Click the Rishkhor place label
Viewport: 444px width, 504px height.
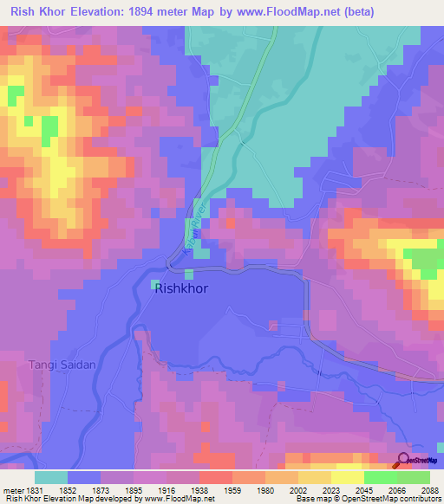[x=181, y=289]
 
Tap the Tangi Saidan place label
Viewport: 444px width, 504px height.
[x=62, y=365]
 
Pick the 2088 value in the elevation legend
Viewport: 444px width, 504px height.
[x=429, y=490]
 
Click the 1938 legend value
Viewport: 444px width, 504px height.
[x=199, y=490]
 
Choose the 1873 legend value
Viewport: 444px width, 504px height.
[x=100, y=490]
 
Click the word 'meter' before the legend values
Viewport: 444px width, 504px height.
[x=12, y=490]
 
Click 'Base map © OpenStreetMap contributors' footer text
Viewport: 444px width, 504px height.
[x=367, y=500]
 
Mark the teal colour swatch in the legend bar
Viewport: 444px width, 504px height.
[x=51, y=477]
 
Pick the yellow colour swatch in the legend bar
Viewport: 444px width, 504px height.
[x=347, y=477]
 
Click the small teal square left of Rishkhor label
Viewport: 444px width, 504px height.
[x=156, y=283]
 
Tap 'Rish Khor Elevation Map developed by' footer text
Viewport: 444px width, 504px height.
[x=63, y=500]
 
